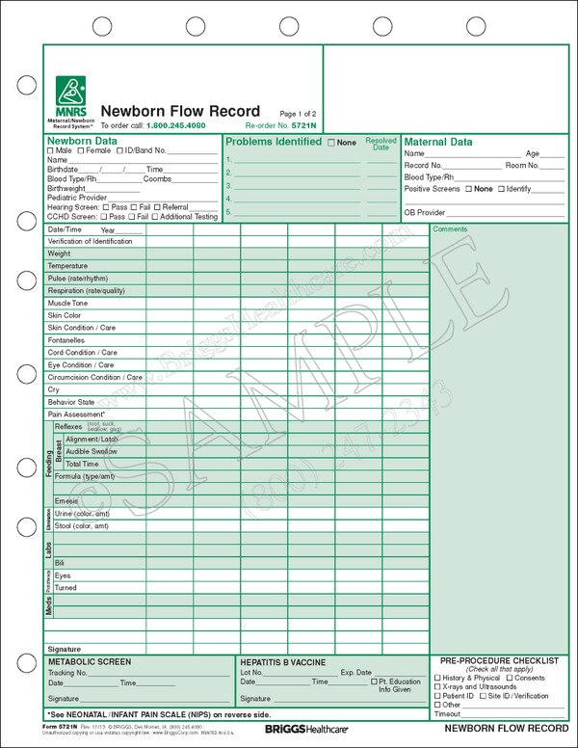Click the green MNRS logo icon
point(71,92)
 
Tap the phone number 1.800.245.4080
point(175,126)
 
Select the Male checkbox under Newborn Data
point(51,151)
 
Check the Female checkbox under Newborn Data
point(83,151)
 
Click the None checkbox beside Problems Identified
point(332,143)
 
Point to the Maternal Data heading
point(437,142)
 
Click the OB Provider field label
point(424,212)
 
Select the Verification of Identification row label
point(90,241)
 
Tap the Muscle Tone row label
point(67,303)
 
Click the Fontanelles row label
point(66,340)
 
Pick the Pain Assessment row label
point(77,414)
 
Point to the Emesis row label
point(66,501)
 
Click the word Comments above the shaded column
point(449,229)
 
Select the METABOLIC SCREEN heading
point(90,662)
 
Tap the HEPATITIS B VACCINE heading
point(283,662)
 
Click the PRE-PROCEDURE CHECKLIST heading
point(498,660)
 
